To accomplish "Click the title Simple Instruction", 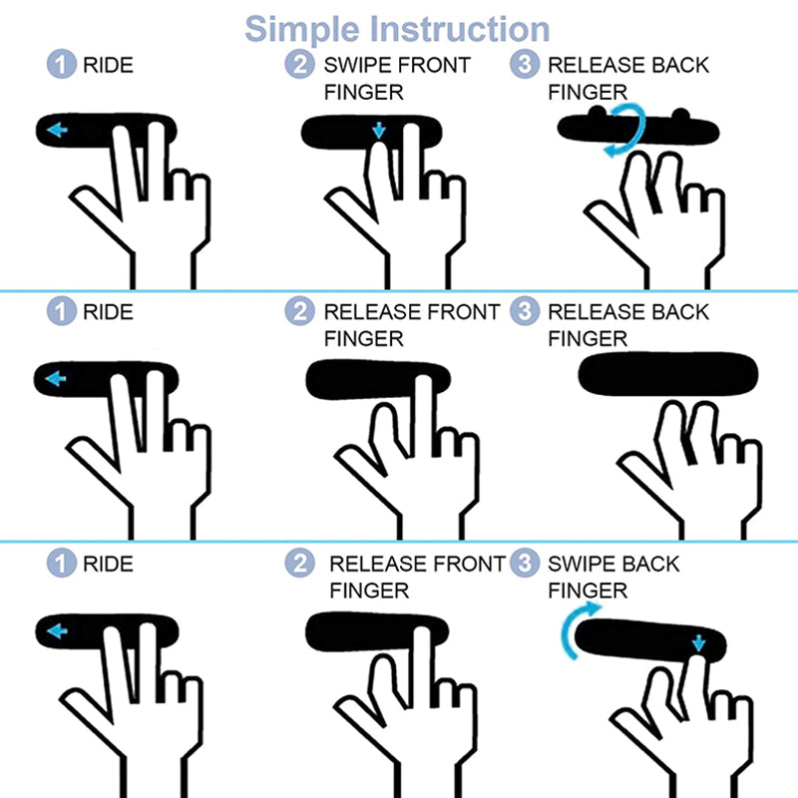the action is click(x=397, y=29).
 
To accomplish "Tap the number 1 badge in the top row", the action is click(x=62, y=64).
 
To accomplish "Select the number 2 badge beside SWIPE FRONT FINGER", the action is click(x=299, y=64).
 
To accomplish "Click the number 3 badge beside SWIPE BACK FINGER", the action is click(x=525, y=563).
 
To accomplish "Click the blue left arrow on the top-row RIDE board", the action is click(x=57, y=130).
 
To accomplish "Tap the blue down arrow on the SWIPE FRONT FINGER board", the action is click(x=379, y=131).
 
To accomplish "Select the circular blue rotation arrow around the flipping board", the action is click(x=626, y=130).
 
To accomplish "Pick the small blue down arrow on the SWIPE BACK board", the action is click(x=699, y=642).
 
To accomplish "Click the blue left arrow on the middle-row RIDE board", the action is click(x=56, y=379).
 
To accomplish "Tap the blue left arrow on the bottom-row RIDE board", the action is click(x=57, y=631).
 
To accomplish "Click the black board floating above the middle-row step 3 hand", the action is click(x=668, y=373).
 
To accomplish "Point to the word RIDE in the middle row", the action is click(x=108, y=312).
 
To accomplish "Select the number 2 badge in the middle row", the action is click(x=299, y=310).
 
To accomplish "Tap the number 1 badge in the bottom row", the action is click(x=62, y=563).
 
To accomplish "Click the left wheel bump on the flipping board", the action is click(x=598, y=112).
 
